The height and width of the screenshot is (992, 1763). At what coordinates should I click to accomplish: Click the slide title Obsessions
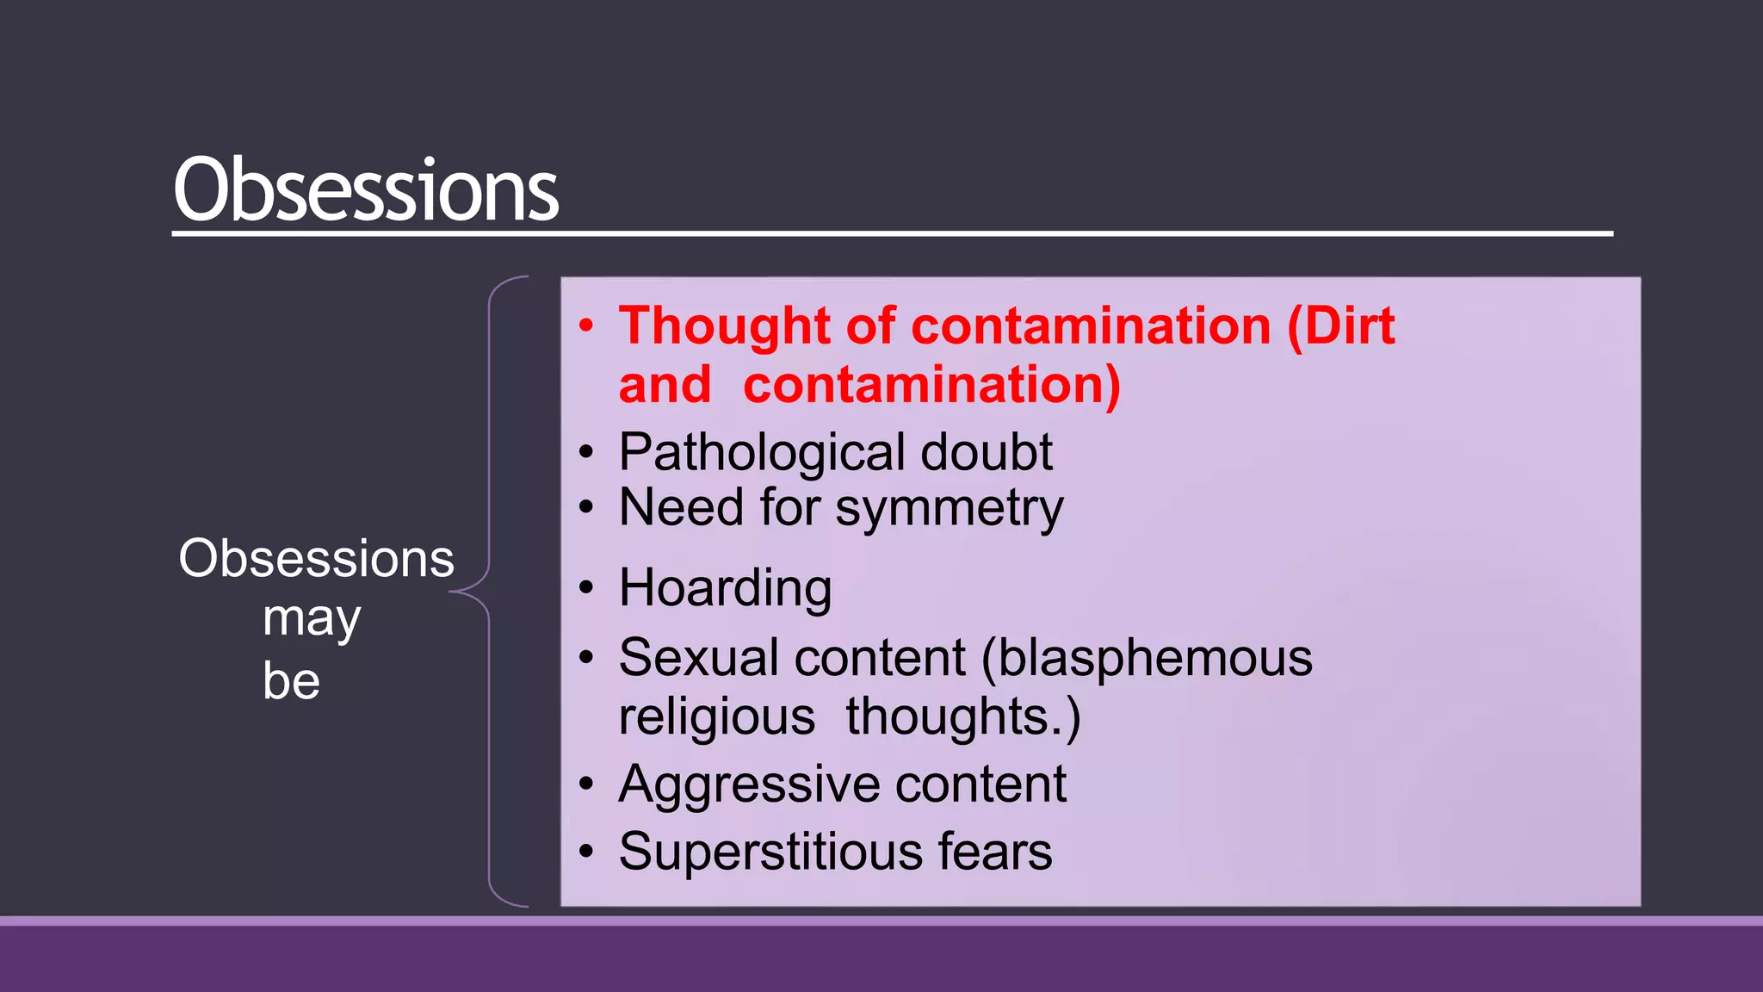pos(366,189)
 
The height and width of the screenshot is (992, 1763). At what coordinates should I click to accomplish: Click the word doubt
pos(986,452)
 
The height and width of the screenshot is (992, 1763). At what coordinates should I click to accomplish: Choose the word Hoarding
pos(725,588)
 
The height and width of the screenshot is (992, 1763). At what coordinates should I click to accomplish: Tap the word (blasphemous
pos(1147,658)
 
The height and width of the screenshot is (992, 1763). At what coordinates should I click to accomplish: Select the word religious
pos(716,716)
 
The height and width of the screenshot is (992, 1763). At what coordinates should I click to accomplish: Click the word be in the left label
pos(291,681)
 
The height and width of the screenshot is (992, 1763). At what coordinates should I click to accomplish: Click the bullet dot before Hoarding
pos(586,588)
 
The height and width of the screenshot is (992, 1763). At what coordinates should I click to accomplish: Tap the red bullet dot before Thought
pos(586,326)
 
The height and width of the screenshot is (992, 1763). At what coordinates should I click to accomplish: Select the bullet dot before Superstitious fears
pos(586,852)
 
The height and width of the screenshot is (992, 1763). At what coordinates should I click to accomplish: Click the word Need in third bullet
pos(680,507)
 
